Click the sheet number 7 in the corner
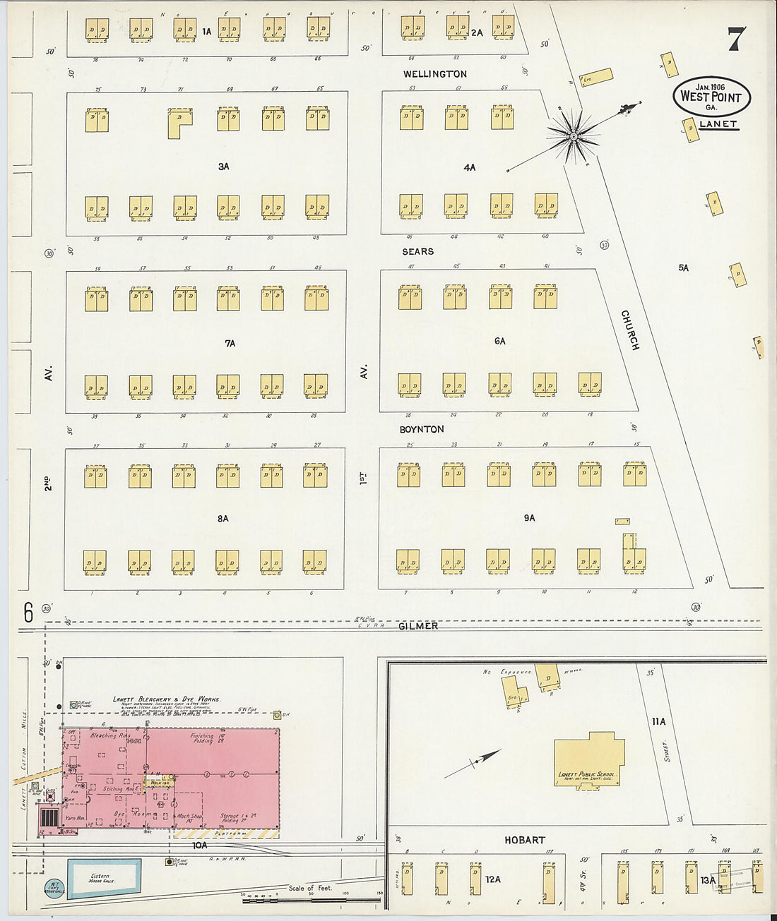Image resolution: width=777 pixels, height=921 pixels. coord(736,39)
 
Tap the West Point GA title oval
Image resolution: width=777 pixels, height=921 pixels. coord(711,97)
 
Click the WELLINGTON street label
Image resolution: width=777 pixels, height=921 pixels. coord(434,73)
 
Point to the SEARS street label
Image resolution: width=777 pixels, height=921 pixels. coord(417,251)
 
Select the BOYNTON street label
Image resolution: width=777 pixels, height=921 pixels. coord(421,429)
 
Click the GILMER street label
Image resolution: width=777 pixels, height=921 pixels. coord(417,626)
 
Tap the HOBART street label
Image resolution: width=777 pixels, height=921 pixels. coord(524,840)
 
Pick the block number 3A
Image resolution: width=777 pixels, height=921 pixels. coord(223,167)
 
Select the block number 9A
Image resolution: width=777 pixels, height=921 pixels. coord(529,518)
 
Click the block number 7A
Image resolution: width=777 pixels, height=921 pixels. coord(230,344)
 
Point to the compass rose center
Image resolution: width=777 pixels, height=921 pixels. coord(574,136)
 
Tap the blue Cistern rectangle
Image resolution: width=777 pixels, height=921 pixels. coord(104,879)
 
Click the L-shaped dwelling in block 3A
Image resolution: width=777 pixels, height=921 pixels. coord(179,122)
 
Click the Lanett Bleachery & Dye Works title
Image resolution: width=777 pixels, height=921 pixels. coord(167,699)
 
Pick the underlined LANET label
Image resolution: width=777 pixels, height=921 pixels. coord(718,124)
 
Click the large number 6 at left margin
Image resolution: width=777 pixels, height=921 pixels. coord(28,613)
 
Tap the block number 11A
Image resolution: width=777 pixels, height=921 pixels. coord(658,721)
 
